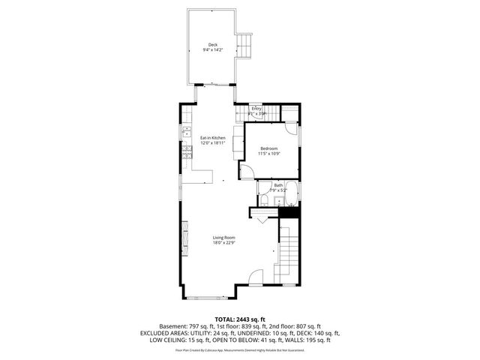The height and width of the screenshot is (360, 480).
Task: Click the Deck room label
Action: (212, 45)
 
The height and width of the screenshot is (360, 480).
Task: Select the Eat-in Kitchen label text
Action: (212, 137)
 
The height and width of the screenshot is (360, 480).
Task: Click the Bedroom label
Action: (269, 148)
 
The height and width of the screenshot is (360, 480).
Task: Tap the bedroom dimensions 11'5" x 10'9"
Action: (269, 154)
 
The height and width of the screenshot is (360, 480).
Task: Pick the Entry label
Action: (256, 109)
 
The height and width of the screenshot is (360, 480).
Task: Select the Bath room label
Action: (277, 185)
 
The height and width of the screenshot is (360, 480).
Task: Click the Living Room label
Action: (223, 238)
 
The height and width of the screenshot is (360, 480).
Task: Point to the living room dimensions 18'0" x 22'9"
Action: (223, 243)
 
